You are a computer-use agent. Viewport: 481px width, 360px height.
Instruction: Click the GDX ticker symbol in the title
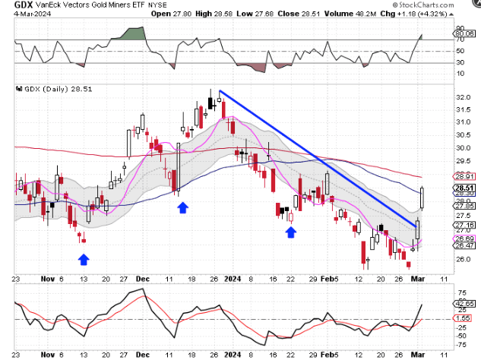(x=13, y=5)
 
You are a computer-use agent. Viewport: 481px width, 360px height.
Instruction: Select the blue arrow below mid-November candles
(x=84, y=260)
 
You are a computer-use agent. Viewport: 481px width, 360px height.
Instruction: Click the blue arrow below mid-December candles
(x=182, y=207)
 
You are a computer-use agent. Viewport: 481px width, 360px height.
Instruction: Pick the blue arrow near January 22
(x=290, y=232)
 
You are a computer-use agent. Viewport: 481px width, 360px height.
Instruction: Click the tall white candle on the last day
(x=422, y=198)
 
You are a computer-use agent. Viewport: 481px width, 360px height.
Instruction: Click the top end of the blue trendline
(x=220, y=91)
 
